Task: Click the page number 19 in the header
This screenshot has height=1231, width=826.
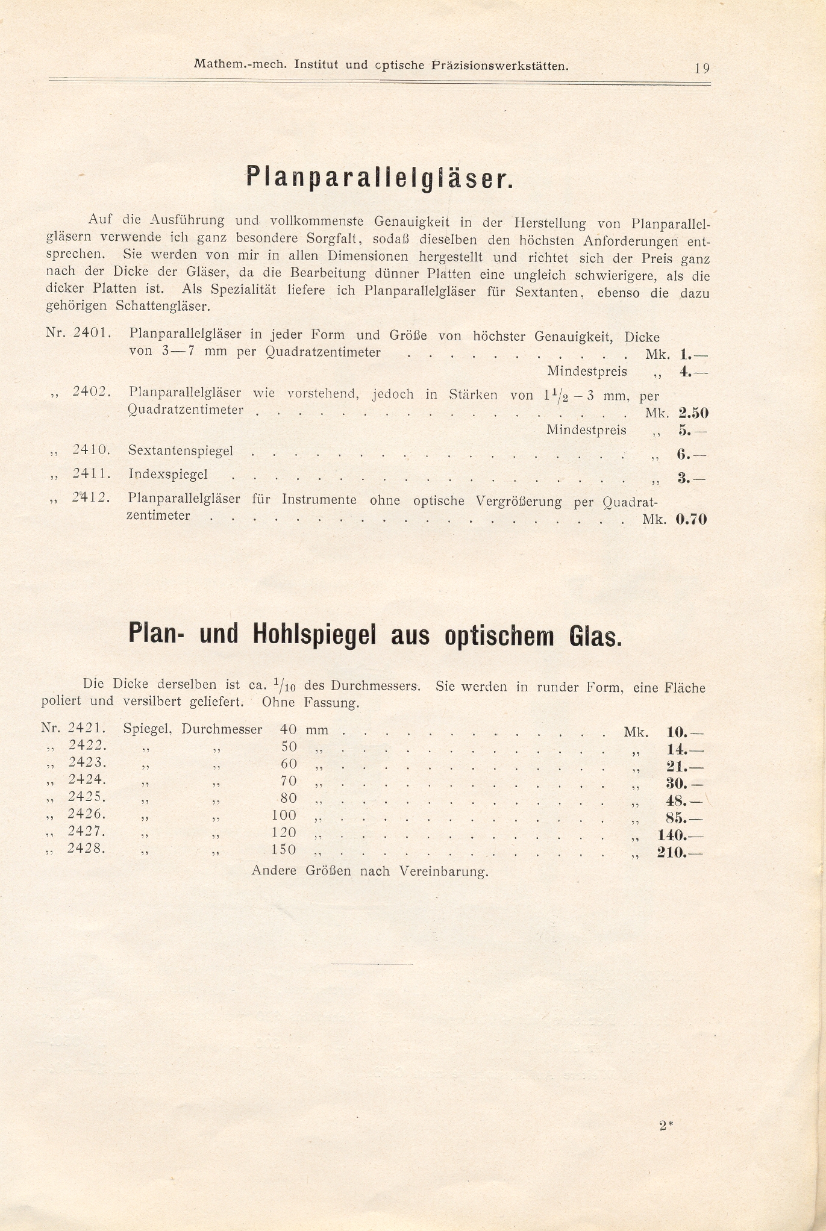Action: [x=702, y=67]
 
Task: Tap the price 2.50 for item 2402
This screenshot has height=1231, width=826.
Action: [x=693, y=413]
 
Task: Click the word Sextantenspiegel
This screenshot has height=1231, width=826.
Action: [x=181, y=450]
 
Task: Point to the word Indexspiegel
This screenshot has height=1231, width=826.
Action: [x=168, y=474]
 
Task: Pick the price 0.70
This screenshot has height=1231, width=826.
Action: [x=691, y=519]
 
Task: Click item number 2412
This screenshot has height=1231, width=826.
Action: [x=91, y=498]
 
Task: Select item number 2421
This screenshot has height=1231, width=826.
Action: [x=88, y=728]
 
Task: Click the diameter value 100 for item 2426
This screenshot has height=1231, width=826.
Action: [x=284, y=815]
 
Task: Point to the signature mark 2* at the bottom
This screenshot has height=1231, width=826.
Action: [x=666, y=1125]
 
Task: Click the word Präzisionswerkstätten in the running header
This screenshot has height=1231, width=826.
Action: [x=500, y=66]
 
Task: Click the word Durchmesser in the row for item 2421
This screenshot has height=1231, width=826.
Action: [x=222, y=729]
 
